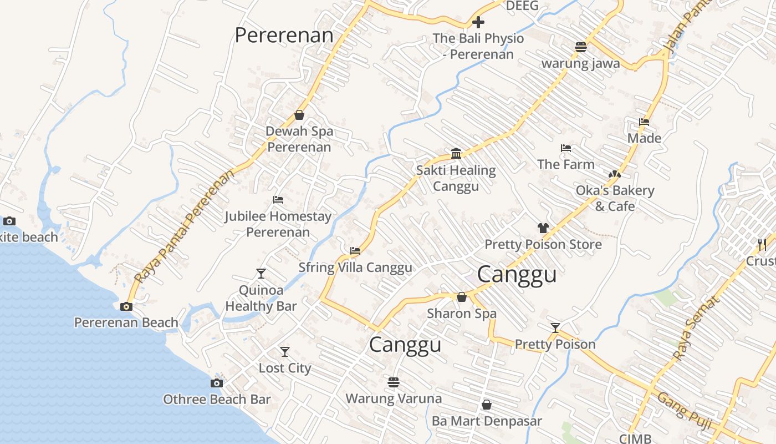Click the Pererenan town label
coord(284,35)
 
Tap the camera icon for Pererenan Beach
coord(126,306)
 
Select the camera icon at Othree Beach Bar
coord(217,383)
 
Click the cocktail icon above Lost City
coord(284,351)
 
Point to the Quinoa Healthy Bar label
coord(261,298)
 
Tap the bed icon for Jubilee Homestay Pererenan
coord(278,200)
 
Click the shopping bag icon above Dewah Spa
coord(299,115)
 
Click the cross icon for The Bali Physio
coord(478,22)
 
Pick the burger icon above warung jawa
coord(580,47)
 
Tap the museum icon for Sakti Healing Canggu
coord(456,153)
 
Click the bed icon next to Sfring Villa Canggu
coord(355,251)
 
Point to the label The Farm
coord(565,164)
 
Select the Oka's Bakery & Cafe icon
coord(614,174)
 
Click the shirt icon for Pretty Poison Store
coord(543,228)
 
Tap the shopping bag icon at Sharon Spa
coord(461,297)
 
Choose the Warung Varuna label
coord(394,398)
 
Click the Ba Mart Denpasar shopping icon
coord(486,405)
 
